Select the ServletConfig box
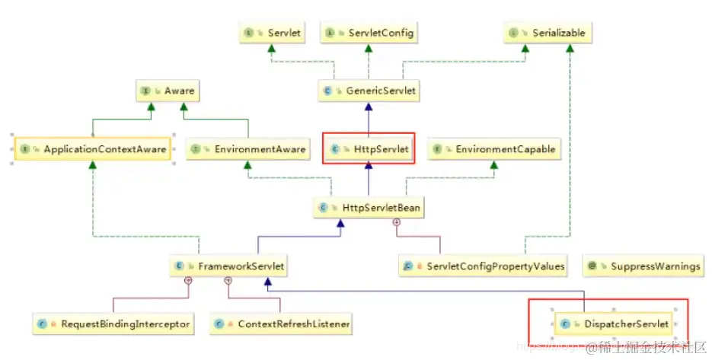[370, 33]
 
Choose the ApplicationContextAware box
[93, 149]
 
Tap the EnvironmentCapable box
[493, 149]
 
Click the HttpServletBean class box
[369, 207]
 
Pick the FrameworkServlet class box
[228, 266]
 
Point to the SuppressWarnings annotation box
[643, 266]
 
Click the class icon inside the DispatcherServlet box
[564, 324]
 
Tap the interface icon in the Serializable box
[513, 33]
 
